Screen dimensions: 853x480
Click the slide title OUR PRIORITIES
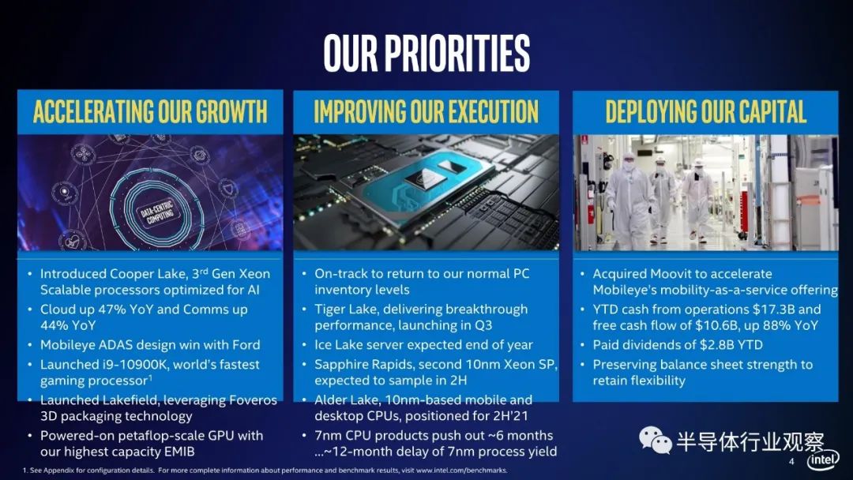(x=426, y=53)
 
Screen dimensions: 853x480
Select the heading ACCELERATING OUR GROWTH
(x=150, y=111)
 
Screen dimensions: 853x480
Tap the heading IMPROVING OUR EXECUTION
(x=426, y=111)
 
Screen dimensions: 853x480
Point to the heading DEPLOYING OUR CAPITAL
(x=705, y=111)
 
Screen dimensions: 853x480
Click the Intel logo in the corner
(x=823, y=460)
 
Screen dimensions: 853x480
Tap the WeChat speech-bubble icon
(x=655, y=440)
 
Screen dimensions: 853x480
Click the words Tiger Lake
(x=345, y=309)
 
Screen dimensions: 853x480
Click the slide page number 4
(x=791, y=462)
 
